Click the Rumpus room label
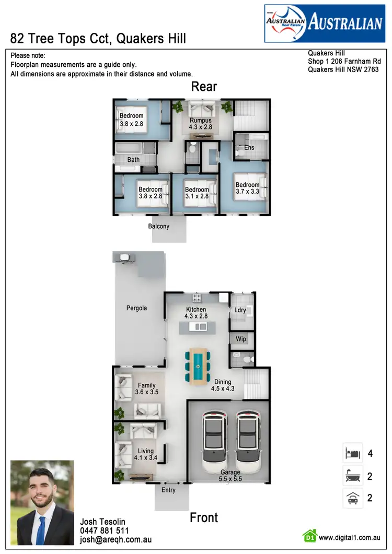(200, 124)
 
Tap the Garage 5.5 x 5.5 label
(230, 475)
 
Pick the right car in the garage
(248, 439)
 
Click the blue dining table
(198, 366)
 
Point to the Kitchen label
(196, 313)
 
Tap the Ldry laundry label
(240, 310)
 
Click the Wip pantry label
(241, 339)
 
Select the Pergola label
(136, 308)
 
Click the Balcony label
(159, 226)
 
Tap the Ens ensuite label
(249, 148)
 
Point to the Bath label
(133, 160)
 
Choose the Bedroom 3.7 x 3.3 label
(247, 188)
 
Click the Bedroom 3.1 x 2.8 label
(197, 193)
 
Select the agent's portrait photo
(42, 502)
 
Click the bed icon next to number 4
(353, 453)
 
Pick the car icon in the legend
(353, 498)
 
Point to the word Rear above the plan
(204, 87)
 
